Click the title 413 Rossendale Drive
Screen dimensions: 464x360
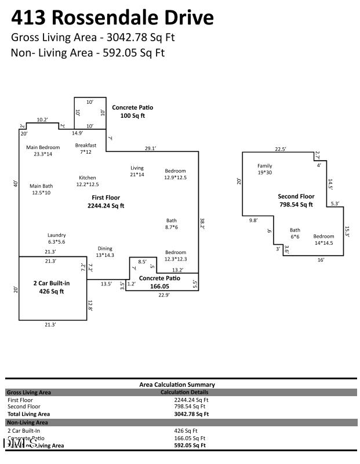112,18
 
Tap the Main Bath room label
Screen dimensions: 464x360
41,189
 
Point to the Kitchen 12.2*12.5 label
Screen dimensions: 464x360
88,181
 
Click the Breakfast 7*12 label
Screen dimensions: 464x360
85,148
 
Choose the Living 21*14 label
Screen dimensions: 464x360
136,171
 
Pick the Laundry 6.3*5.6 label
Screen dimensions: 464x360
56,238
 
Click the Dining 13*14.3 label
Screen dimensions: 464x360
105,252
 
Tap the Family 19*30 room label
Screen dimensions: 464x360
264,169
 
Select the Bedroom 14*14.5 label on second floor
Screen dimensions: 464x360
323,240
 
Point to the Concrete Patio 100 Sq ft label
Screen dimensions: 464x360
133,111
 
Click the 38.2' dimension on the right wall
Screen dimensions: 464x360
202,223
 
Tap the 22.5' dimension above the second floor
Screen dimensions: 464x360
281,149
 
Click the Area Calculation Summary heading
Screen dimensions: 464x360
177,385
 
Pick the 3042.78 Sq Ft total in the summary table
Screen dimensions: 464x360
191,414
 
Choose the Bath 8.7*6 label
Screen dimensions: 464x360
172,224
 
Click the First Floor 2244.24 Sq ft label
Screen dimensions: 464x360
106,202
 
